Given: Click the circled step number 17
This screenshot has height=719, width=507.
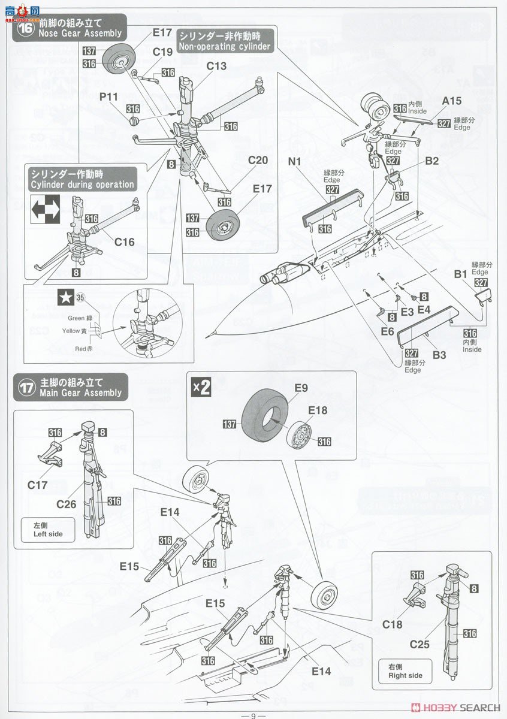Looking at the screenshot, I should click(x=26, y=388).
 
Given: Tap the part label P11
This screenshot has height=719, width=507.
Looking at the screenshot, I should click(x=110, y=96).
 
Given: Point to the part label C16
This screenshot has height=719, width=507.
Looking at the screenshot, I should click(x=125, y=243).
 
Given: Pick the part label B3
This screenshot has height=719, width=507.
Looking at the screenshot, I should click(x=439, y=355).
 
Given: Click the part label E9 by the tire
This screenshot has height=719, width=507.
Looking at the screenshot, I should click(x=301, y=388).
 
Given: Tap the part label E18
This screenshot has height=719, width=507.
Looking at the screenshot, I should click(x=319, y=411).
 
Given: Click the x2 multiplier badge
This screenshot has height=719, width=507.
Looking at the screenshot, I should click(x=201, y=387).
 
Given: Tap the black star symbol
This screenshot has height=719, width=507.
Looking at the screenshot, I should click(x=64, y=297).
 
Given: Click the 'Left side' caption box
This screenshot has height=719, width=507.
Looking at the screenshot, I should click(x=48, y=530).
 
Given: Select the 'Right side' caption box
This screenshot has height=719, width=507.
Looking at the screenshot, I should click(x=405, y=671).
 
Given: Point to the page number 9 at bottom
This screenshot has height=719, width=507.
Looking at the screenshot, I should click(x=253, y=715).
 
